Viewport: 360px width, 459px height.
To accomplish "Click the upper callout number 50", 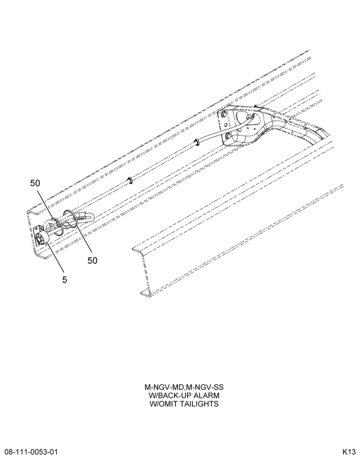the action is (x=35, y=183).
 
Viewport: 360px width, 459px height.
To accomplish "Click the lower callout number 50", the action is (x=92, y=260).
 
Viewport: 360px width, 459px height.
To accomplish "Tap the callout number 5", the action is (x=64, y=280).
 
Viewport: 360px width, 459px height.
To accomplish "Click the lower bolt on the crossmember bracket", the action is (x=228, y=135).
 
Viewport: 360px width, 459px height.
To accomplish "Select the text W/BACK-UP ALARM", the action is (x=184, y=396).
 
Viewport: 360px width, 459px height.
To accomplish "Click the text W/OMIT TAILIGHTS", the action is (x=184, y=404).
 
